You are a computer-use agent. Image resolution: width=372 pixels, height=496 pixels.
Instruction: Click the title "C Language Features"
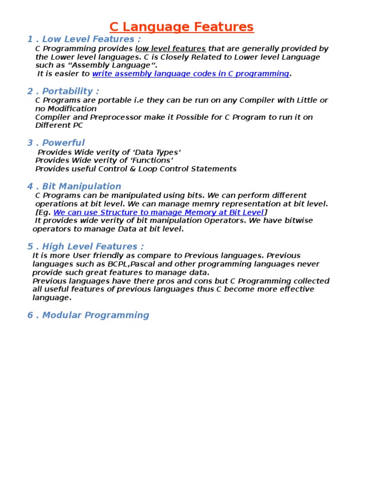181,27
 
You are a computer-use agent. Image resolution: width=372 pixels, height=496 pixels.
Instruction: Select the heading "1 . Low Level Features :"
85,39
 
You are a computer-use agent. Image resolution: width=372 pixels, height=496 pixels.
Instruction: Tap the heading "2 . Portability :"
63,91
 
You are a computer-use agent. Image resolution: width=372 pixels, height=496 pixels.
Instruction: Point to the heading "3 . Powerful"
56,142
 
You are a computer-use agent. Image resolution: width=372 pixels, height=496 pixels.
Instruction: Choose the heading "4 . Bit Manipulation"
74,186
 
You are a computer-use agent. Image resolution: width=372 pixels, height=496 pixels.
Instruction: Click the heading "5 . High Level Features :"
86,246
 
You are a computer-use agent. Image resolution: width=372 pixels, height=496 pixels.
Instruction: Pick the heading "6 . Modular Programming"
88,315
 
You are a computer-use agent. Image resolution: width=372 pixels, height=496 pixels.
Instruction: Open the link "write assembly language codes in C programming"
190,74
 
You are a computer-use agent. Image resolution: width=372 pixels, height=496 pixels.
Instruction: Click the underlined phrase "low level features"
170,48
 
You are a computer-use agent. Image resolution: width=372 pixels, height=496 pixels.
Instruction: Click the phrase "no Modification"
66,108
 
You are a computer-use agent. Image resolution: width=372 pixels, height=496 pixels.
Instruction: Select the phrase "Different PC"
59,125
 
